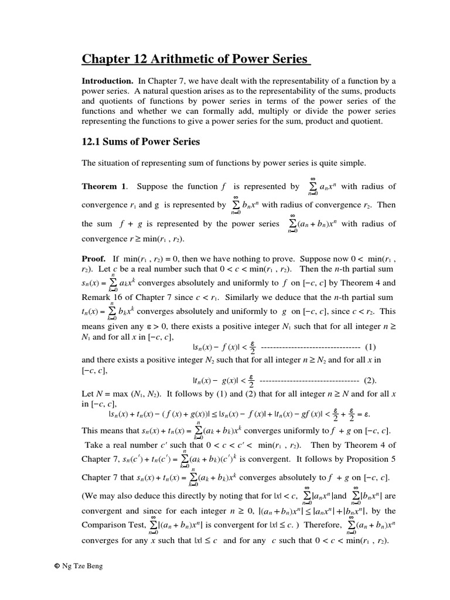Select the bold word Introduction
107,81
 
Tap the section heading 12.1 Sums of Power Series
141,142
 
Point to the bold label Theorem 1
104,187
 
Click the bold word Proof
94,258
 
